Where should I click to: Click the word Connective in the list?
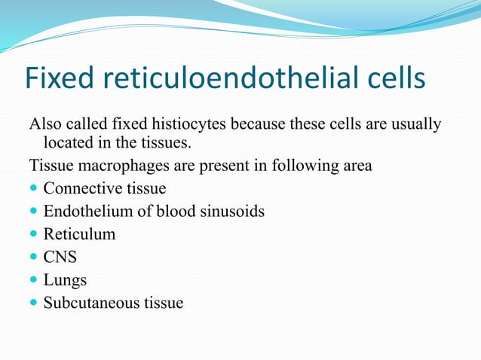[x=77, y=188]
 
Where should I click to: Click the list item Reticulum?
[x=79, y=234]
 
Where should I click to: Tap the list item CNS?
[x=60, y=257]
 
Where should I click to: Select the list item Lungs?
[x=65, y=280]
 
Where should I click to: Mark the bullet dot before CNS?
[x=34, y=258]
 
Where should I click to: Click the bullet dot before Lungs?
[x=34, y=281]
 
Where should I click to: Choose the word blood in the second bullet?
[x=174, y=211]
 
